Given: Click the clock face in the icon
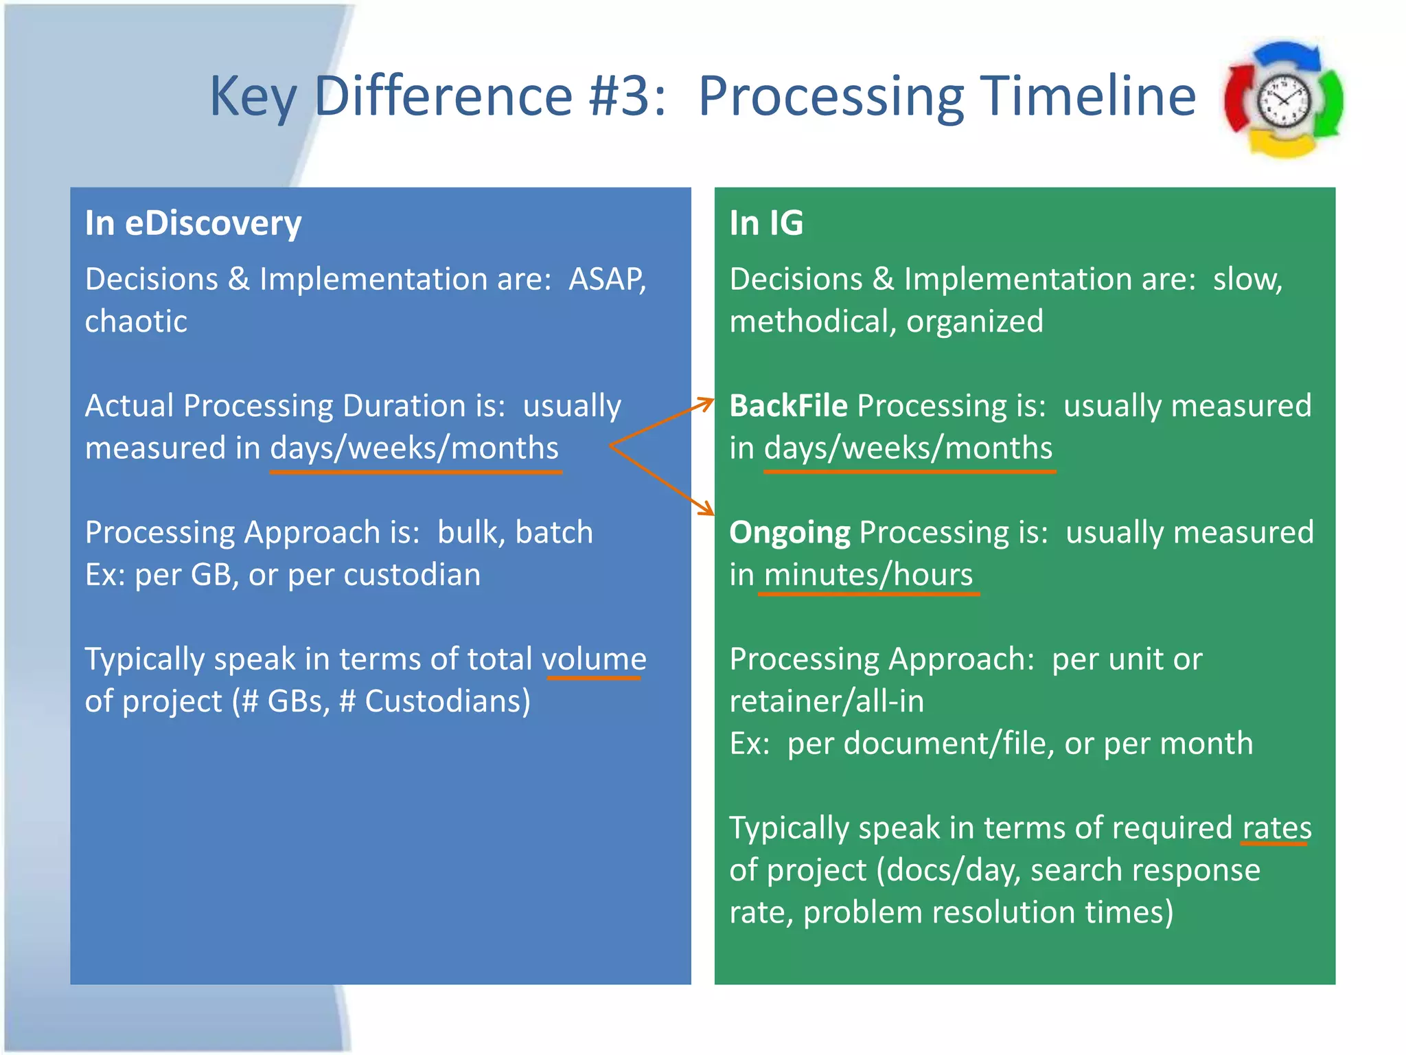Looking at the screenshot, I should (x=1282, y=100).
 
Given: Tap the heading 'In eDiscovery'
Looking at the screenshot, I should (x=193, y=223).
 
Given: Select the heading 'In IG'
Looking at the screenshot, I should (x=765, y=223).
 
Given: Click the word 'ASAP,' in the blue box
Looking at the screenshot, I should (x=608, y=280).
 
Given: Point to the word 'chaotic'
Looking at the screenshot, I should (x=136, y=321).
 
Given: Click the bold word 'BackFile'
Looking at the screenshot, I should (x=788, y=406).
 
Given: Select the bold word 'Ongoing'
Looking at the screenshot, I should (x=790, y=533).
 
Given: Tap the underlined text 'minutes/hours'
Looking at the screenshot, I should (x=868, y=575).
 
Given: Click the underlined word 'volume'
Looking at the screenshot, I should (x=594, y=659).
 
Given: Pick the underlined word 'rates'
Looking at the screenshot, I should (x=1276, y=828).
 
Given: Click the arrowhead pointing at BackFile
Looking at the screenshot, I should (x=707, y=402).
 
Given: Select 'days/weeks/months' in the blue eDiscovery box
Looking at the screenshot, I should (x=415, y=449).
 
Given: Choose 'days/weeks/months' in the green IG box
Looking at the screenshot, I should (x=908, y=449).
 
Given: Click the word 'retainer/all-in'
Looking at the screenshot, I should (x=827, y=701).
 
